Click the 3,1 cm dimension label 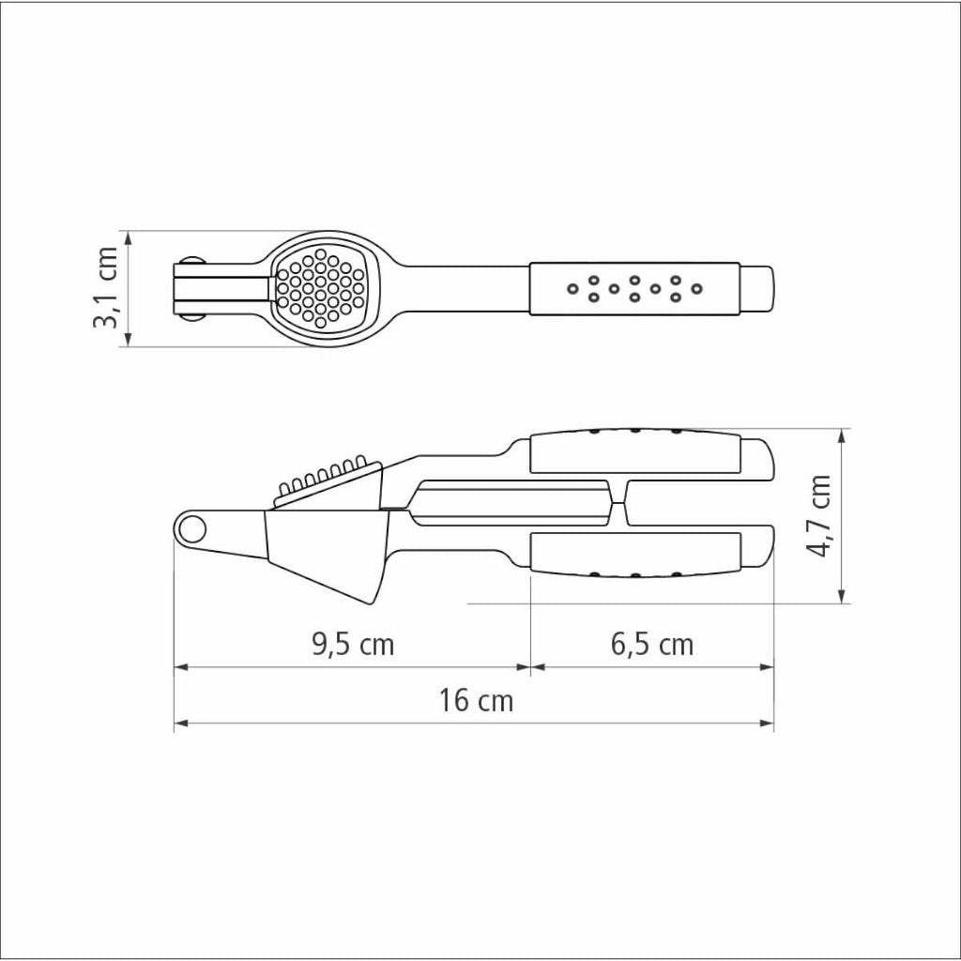point(105,288)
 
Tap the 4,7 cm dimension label point(818,516)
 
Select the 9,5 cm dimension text point(353,644)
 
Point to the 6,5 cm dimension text point(652,644)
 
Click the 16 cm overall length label point(476,700)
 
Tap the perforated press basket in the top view point(320,287)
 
